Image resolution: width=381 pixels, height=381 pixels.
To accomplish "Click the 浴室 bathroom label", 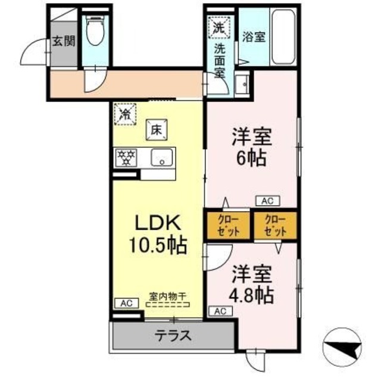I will tap(254, 36).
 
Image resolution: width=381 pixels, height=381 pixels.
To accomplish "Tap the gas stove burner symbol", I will tap(126, 157).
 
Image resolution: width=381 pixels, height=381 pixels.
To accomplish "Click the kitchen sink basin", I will tap(161, 158).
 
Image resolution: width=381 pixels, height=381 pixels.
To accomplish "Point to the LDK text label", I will tap(157, 222).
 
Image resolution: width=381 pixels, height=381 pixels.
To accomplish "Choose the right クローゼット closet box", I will tap(274, 225).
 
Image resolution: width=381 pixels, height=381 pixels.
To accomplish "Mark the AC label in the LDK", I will tap(126, 303).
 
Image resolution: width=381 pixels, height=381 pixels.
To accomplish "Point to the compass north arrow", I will tap(345, 346).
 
